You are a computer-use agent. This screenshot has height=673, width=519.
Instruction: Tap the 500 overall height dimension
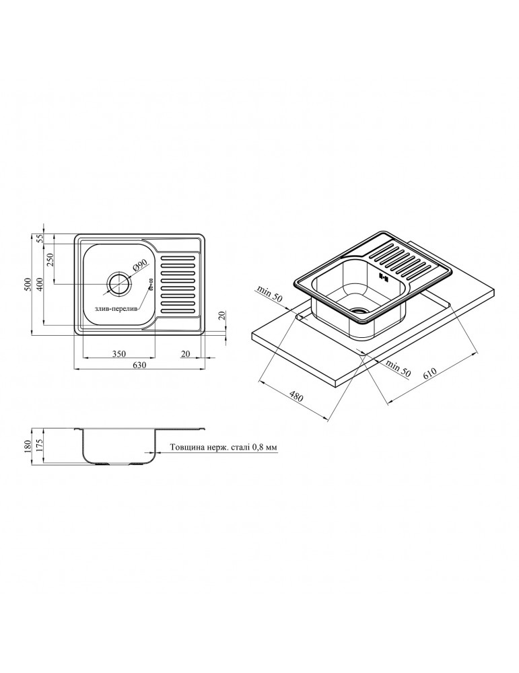28,284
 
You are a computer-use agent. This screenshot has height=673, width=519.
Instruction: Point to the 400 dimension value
40,284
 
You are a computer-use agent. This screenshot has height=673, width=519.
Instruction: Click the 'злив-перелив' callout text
116,310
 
